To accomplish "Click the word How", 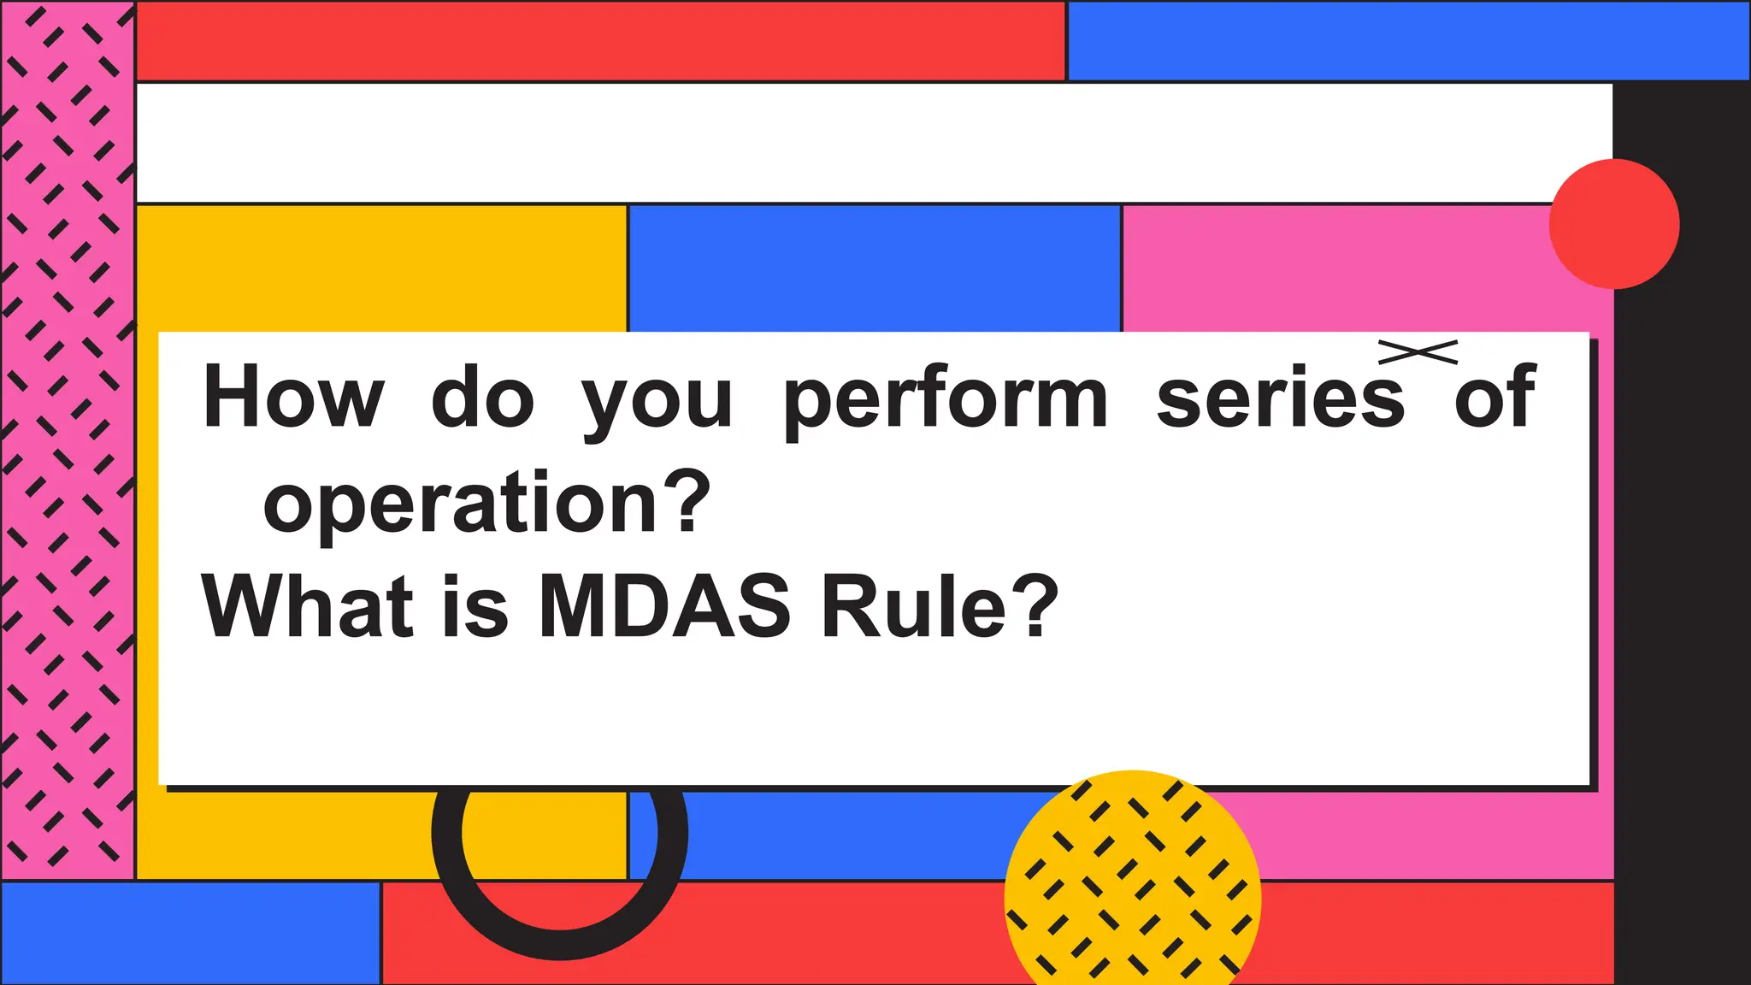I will pos(292,398).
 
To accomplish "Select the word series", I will pos(1280,398).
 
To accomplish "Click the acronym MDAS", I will pos(665,607).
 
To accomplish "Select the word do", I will pos(482,398).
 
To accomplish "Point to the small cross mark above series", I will pos(1418,351).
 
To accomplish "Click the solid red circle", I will pos(1614,224).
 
